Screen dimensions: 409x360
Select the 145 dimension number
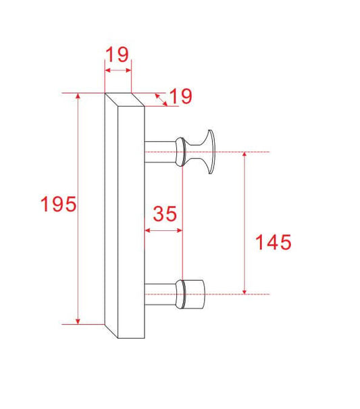273,242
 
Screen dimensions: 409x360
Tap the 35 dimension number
165,214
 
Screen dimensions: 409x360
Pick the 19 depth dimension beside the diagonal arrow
180,97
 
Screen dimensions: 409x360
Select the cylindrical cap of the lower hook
195,294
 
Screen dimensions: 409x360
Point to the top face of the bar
125,100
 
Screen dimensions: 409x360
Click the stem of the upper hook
160,151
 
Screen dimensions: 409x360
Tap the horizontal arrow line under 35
164,230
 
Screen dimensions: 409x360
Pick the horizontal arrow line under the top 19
118,69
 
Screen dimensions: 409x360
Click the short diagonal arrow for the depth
161,99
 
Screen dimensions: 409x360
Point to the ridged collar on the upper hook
180,151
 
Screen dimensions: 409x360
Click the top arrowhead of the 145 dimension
245,156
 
